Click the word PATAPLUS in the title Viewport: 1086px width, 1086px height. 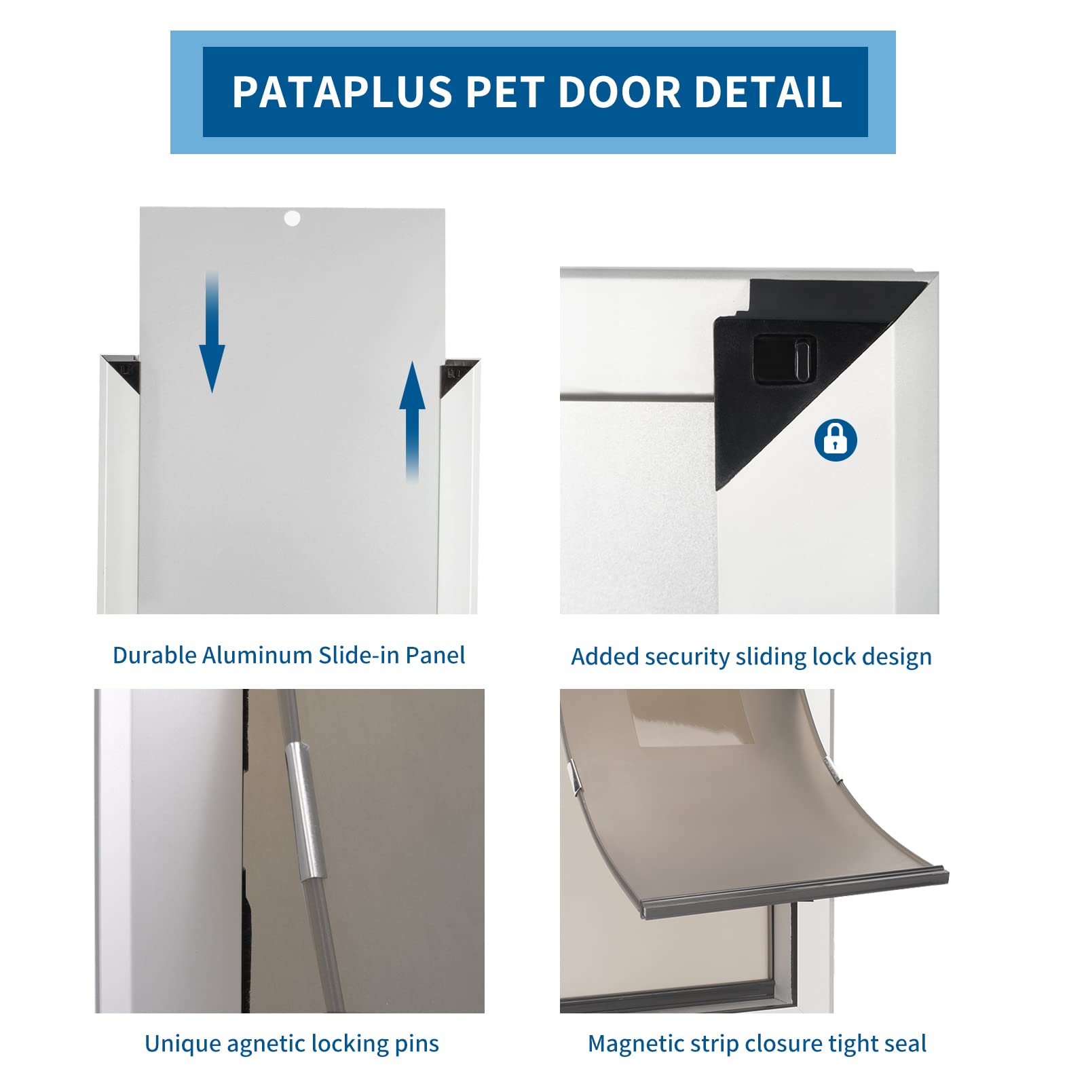[342, 92]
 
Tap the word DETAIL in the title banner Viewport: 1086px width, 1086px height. [768, 92]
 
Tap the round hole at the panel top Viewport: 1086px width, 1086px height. [292, 219]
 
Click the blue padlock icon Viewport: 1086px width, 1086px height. [836, 440]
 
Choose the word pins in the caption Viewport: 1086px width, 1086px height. [419, 1044]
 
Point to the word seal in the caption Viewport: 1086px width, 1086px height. [903, 1044]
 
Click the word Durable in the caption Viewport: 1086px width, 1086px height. [154, 656]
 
